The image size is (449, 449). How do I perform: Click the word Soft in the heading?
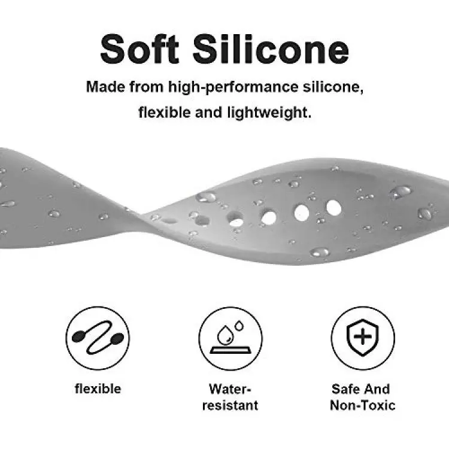pyautogui.click(x=139, y=49)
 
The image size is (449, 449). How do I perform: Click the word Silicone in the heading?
pyautogui.click(x=271, y=49)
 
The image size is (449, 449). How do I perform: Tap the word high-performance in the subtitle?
pyautogui.click(x=233, y=87)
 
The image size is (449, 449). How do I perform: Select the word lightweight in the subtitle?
pyautogui.click(x=269, y=113)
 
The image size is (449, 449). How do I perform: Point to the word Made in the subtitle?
pyautogui.click(x=105, y=86)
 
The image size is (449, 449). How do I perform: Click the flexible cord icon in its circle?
pyautogui.click(x=98, y=338)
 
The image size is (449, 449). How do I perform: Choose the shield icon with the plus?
pyautogui.click(x=363, y=337)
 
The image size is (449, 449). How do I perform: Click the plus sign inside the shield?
pyautogui.click(x=363, y=336)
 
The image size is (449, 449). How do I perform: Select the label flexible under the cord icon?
pyautogui.click(x=98, y=389)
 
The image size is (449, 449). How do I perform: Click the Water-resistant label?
pyautogui.click(x=230, y=397)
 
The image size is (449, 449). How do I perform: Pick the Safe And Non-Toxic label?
pyautogui.click(x=362, y=397)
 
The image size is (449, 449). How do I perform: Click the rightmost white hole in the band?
pyautogui.click(x=333, y=208)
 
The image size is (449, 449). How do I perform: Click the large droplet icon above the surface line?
pyautogui.click(x=225, y=335)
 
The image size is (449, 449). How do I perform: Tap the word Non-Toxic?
pyautogui.click(x=363, y=405)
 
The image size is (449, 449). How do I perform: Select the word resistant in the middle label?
pyautogui.click(x=230, y=405)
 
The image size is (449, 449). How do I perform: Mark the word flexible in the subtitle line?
pyautogui.click(x=165, y=113)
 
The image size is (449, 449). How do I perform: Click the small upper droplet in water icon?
pyautogui.click(x=239, y=326)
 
